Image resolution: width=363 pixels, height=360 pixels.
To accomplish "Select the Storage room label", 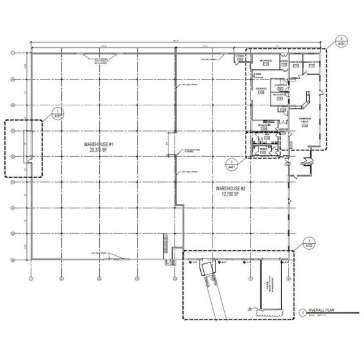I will pyautogui.click(x=241, y=56).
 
